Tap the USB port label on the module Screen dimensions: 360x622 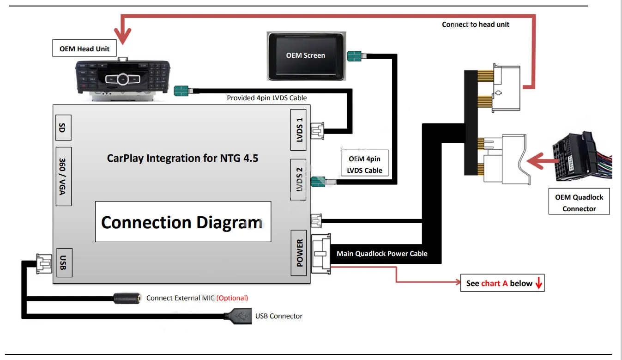point(63,262)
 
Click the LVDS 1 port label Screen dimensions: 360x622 point(299,130)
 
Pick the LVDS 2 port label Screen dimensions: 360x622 point(299,179)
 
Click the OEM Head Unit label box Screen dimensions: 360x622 point(85,49)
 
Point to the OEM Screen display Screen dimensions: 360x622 point(306,55)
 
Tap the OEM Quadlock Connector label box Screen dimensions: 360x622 point(579,203)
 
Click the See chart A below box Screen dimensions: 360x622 point(502,283)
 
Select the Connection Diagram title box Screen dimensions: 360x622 point(183,222)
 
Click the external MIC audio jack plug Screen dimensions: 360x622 point(127,298)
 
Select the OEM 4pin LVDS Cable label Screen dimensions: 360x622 point(364,165)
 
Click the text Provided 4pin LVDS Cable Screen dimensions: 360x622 point(266,98)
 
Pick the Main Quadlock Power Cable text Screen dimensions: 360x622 point(382,253)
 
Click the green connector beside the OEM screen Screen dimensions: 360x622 point(354,57)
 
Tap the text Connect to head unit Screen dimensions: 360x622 point(475,24)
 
